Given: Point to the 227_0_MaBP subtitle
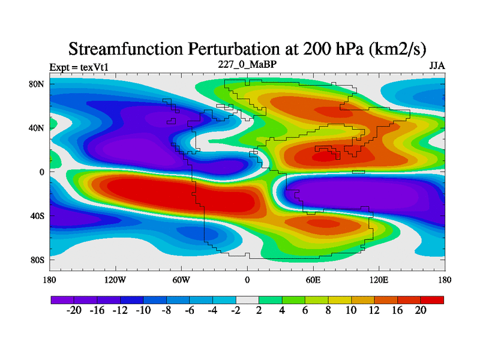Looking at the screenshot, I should [x=247, y=64].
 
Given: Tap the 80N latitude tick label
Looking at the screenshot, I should [x=38, y=84].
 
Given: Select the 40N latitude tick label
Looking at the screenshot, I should [x=38, y=128].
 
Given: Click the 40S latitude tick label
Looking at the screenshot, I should [x=38, y=216].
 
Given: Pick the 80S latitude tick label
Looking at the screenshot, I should [x=38, y=260].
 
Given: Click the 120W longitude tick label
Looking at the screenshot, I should [x=115, y=280].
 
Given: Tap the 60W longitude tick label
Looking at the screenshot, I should [x=181, y=280].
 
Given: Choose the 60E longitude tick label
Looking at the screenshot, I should [x=313, y=280].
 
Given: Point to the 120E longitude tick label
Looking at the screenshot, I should [x=379, y=280].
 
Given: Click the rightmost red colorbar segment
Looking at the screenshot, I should [x=432, y=299].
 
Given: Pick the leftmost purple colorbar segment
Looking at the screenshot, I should [x=62, y=299].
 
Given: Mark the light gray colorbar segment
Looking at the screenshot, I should [x=247, y=299].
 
